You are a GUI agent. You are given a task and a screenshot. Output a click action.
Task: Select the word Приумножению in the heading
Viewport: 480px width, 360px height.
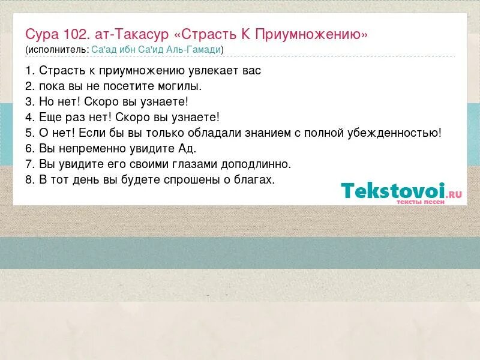(x=311, y=34)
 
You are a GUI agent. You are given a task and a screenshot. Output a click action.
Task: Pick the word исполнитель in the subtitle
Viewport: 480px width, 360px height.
(x=58, y=49)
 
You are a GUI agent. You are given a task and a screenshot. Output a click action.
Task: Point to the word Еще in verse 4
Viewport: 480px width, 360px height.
(x=50, y=117)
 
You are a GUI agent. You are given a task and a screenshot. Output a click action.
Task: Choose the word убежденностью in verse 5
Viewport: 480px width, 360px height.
(x=393, y=133)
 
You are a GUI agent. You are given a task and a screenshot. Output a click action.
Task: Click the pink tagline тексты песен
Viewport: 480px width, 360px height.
(x=420, y=202)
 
